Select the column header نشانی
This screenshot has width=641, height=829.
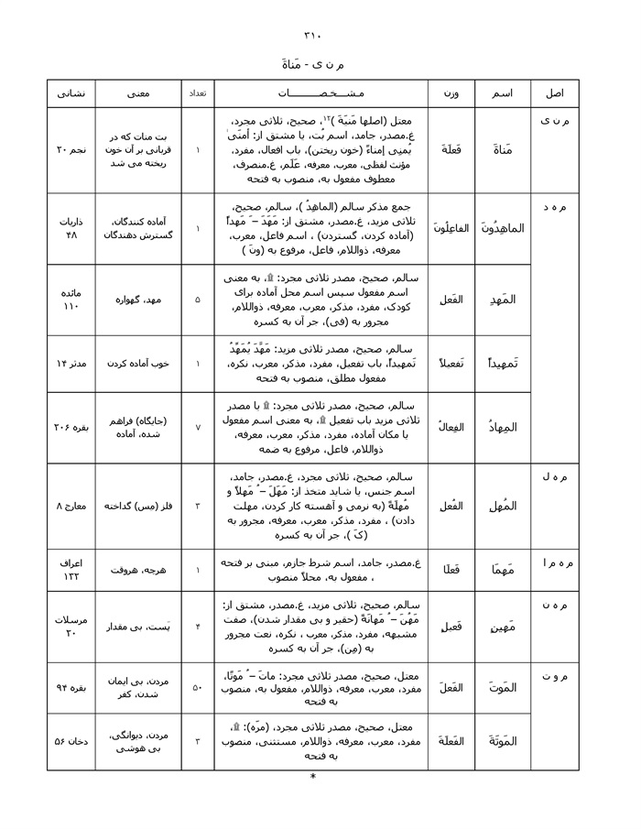coord(71,93)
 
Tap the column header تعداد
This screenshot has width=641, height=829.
coord(198,93)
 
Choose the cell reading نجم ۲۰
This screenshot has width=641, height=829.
coord(71,149)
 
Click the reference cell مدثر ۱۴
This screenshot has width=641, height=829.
coord(71,364)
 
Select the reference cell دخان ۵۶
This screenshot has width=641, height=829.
coord(71,741)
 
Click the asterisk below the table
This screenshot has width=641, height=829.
coord(313,778)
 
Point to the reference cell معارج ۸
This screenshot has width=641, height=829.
coord(71,506)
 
